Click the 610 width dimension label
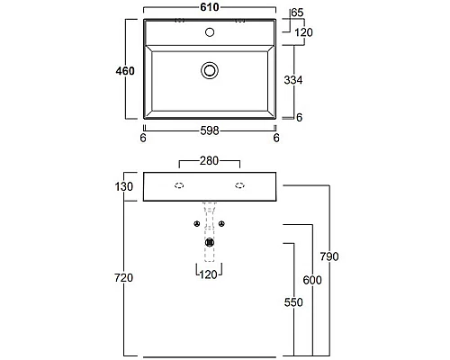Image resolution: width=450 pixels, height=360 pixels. click(x=210, y=7)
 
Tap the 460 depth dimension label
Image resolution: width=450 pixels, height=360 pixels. click(x=125, y=71)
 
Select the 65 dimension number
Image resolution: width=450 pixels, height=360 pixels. click(x=297, y=13)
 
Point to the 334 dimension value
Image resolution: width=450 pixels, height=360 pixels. click(x=293, y=80)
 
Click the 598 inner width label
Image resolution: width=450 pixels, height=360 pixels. click(x=210, y=130)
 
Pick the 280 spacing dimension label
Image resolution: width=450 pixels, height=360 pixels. click(x=209, y=161)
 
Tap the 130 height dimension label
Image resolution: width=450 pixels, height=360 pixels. click(x=124, y=186)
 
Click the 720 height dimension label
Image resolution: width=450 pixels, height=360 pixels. click(x=123, y=278)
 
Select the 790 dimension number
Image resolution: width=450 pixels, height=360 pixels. click(x=329, y=256)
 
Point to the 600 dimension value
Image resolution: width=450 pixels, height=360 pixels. click(x=312, y=280)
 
